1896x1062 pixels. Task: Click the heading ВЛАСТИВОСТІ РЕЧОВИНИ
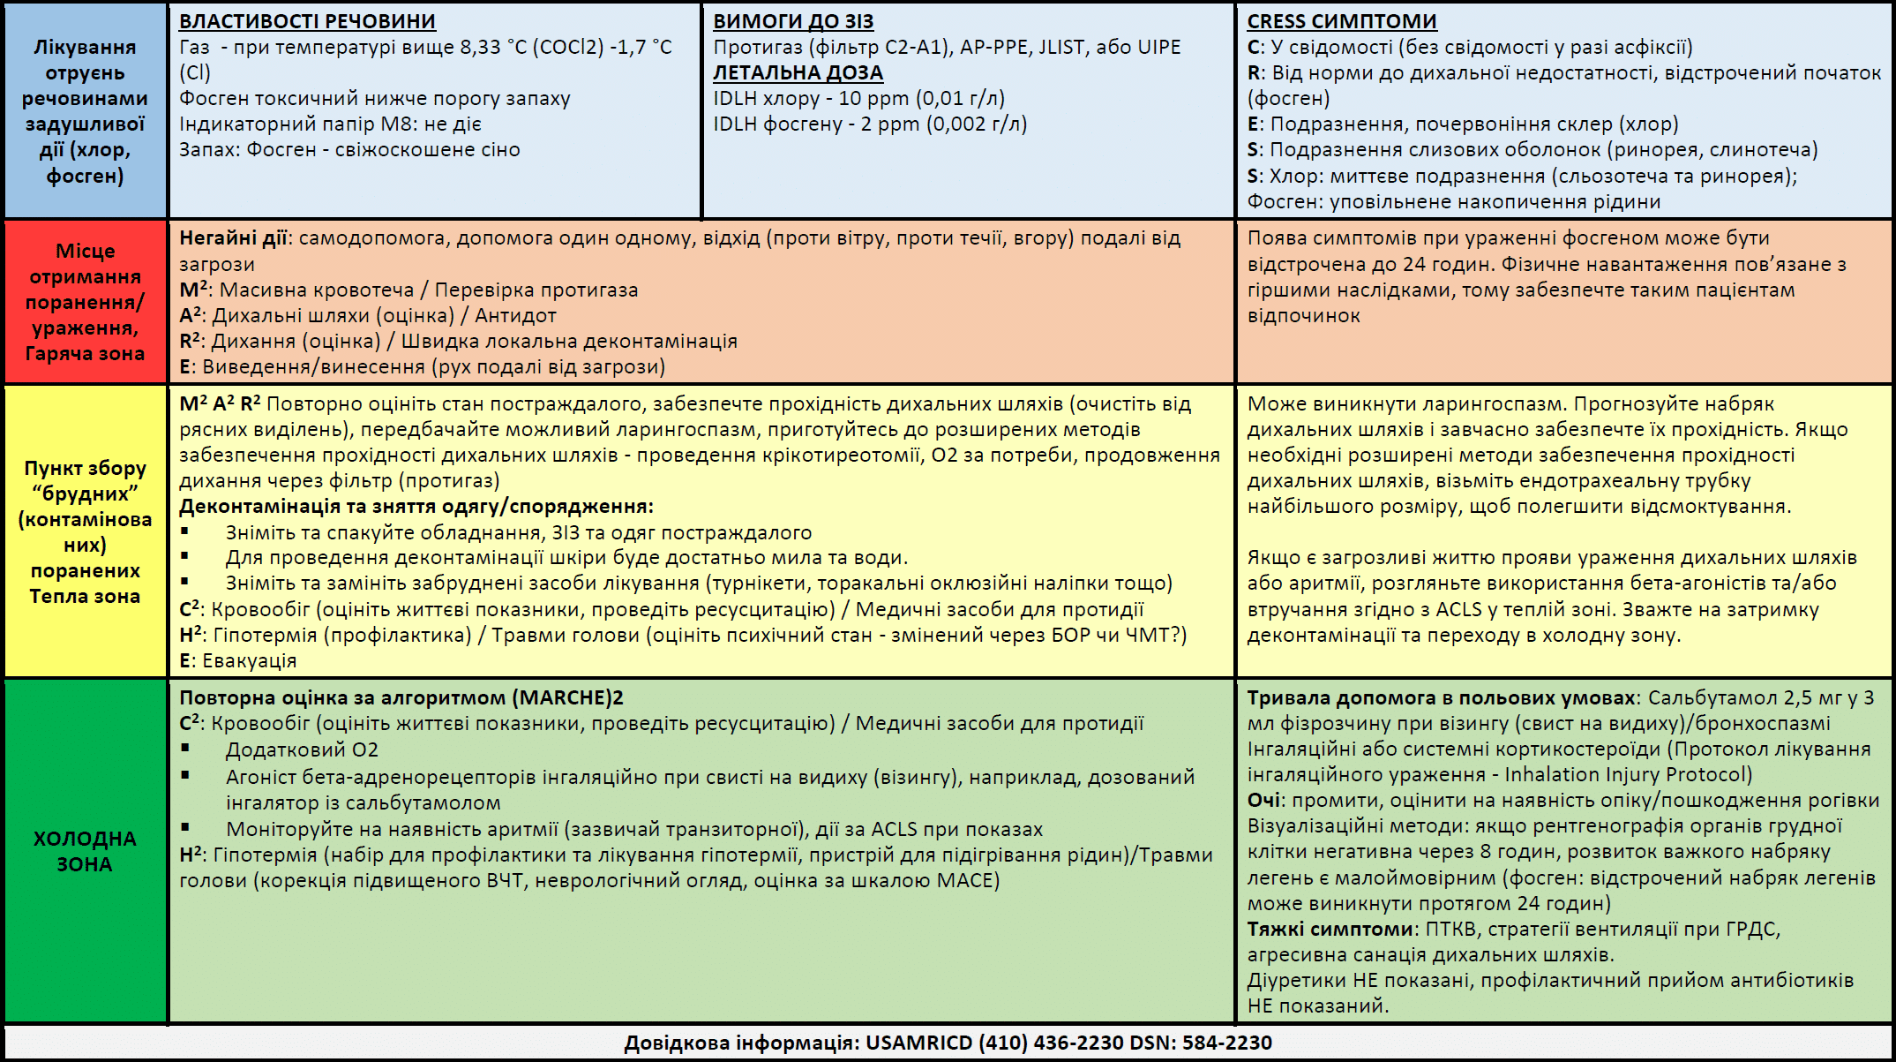[307, 21]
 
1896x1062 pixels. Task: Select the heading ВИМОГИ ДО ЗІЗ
[793, 21]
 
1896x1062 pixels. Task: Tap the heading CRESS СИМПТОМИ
[1341, 21]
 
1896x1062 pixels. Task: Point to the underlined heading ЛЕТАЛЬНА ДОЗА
[798, 72]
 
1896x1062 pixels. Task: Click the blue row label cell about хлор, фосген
[85, 111]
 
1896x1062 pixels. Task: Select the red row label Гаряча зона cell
[85, 302]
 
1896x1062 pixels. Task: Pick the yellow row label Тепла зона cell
[85, 531]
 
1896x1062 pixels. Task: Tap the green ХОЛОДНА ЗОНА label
[85, 851]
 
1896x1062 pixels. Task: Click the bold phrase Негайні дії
[233, 238]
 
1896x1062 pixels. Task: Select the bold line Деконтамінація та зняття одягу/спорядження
[416, 507]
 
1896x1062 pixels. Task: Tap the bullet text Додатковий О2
[302, 749]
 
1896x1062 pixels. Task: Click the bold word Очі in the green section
[1263, 800]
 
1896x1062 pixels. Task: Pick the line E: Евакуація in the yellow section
[238, 660]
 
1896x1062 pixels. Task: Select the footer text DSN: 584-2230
[1200, 1043]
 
